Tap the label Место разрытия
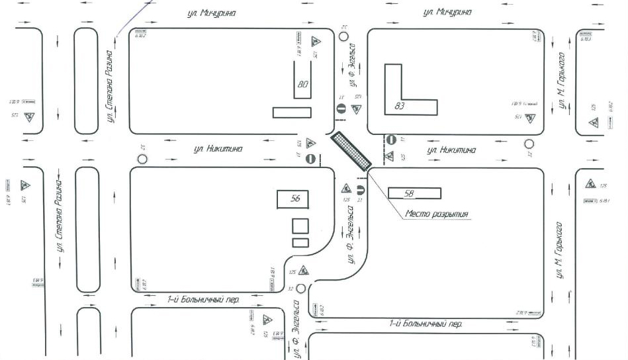pos(437,214)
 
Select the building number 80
pos(303,85)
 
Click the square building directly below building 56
pos(300,226)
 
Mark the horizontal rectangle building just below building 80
pos(292,112)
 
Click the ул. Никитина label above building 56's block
pos(218,149)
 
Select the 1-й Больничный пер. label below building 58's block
pos(426,324)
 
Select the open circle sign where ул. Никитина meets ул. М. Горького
pos(529,144)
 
